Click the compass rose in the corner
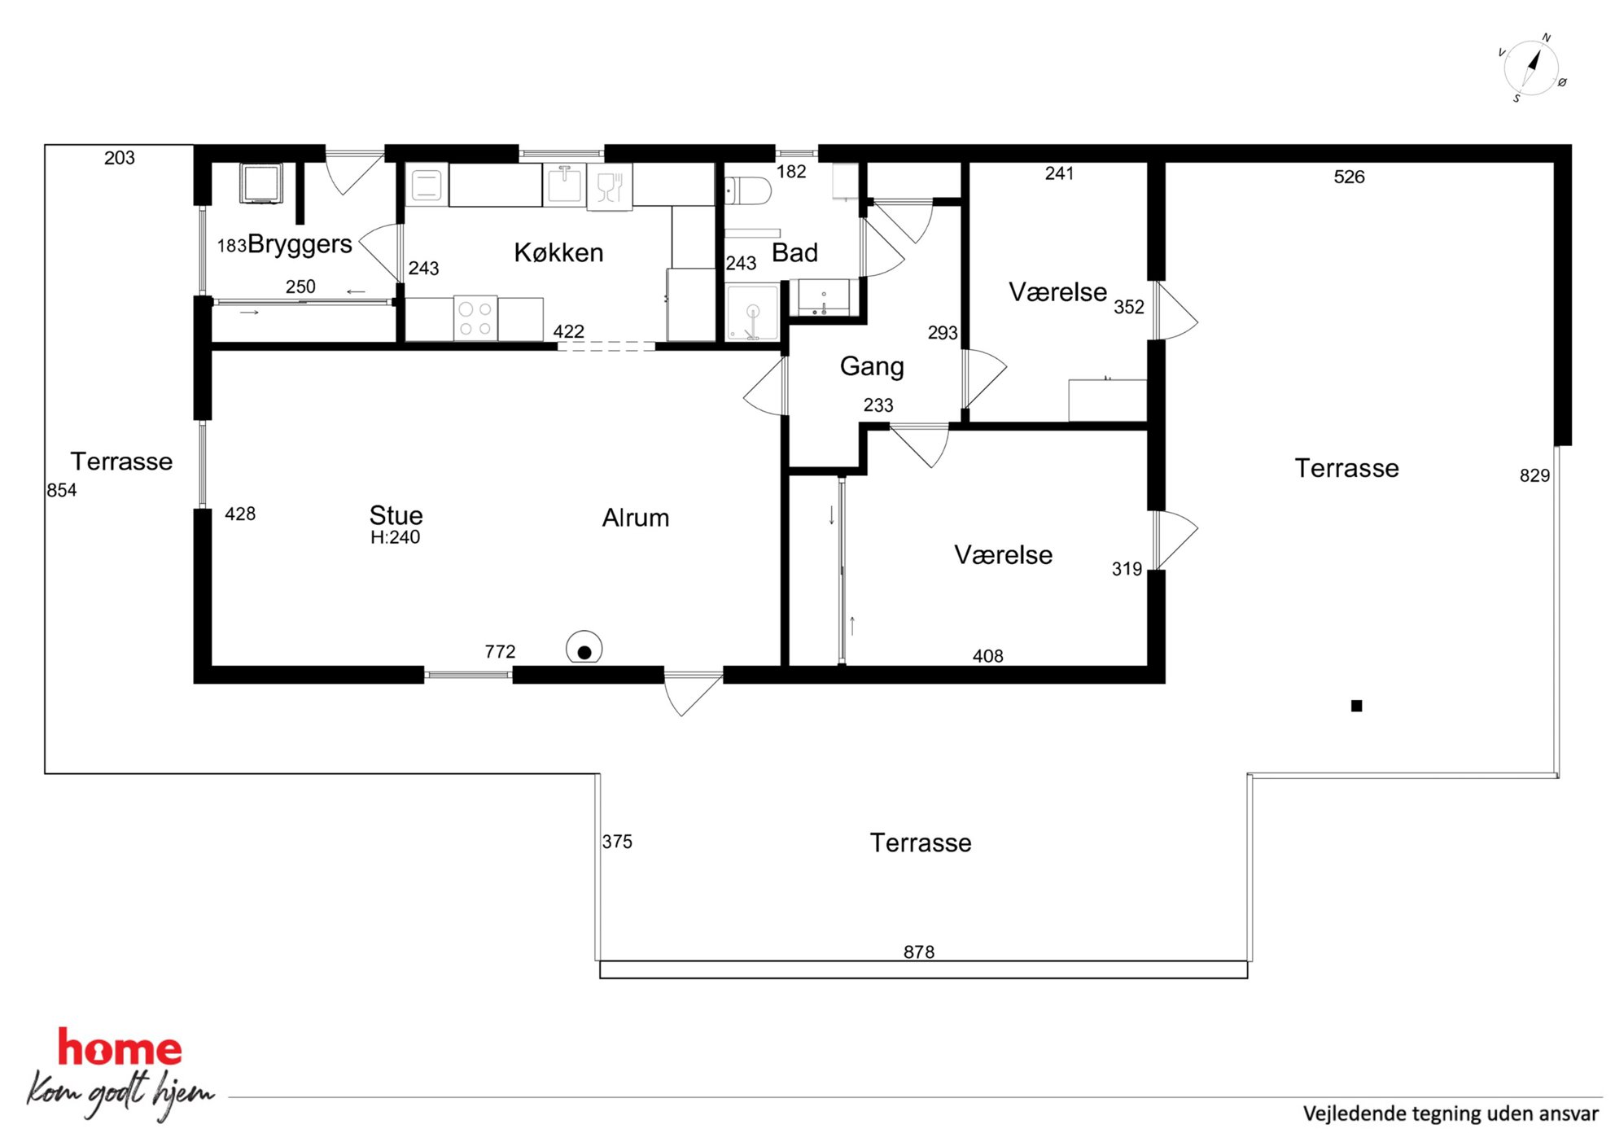[1531, 68]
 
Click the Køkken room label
[558, 252]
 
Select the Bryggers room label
[300, 244]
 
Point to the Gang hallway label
[872, 367]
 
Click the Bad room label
[794, 252]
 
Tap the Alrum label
[636, 518]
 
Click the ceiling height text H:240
[395, 537]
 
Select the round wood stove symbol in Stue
[584, 649]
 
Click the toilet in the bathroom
[747, 191]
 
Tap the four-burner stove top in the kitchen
[475, 318]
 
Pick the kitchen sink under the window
[565, 184]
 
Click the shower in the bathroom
[752, 313]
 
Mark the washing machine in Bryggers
[261, 184]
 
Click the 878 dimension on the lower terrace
[919, 952]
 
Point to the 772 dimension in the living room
[500, 651]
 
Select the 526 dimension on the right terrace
[1349, 177]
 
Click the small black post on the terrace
[1356, 706]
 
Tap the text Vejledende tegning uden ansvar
[1451, 1114]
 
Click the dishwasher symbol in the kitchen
[610, 186]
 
